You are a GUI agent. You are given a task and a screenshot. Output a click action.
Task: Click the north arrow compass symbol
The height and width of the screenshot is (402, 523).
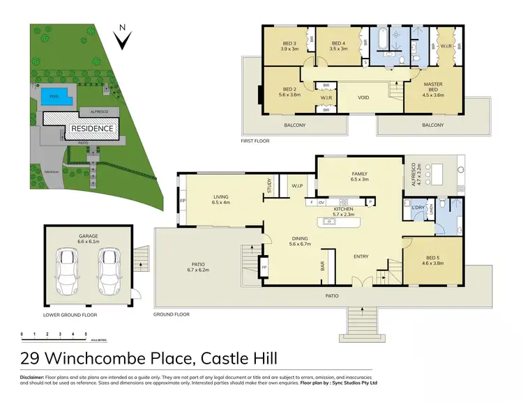click(x=123, y=39)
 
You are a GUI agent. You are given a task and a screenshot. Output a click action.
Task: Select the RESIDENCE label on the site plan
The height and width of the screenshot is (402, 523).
click(x=90, y=129)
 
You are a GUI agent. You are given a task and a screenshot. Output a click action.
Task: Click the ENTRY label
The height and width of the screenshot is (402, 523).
click(x=361, y=256)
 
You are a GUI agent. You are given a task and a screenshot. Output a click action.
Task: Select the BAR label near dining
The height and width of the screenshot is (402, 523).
click(x=323, y=266)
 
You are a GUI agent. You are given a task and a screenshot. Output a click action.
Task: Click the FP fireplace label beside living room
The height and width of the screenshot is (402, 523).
click(x=183, y=201)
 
